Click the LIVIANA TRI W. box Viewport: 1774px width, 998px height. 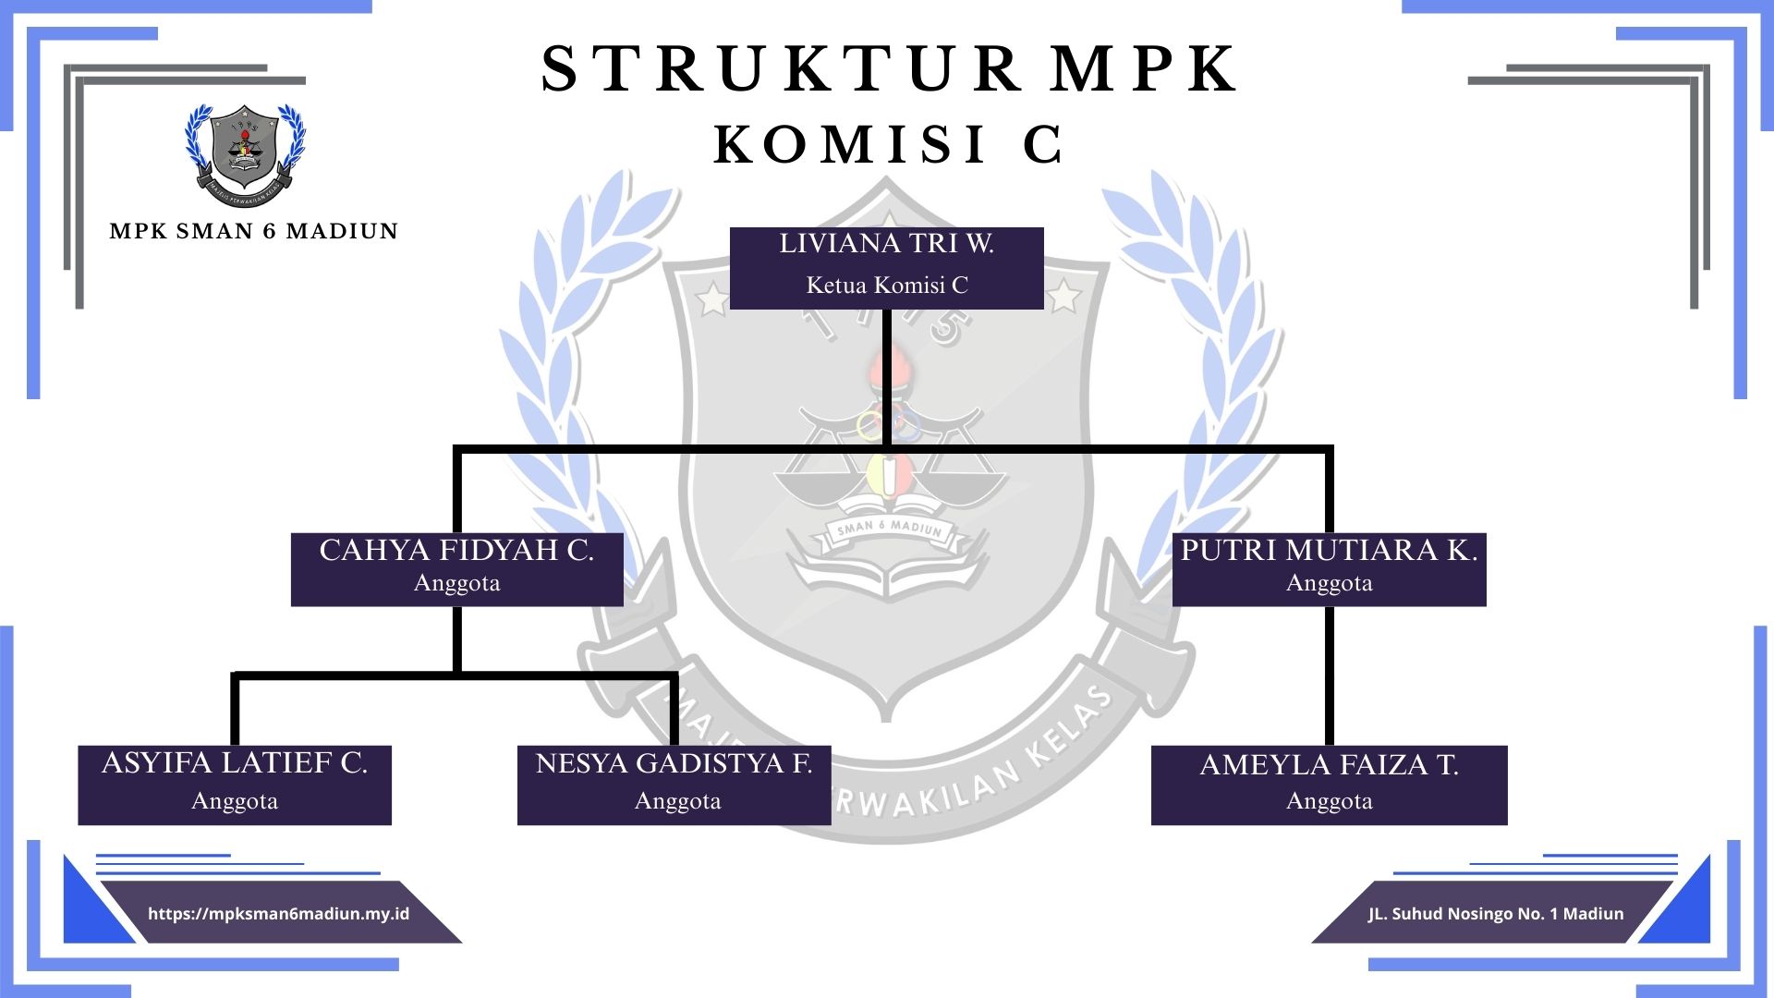coord(886,267)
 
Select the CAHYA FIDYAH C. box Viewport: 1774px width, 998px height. coord(456,568)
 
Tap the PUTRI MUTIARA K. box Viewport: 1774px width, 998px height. coord(1329,568)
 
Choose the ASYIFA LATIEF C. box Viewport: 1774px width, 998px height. coord(235,785)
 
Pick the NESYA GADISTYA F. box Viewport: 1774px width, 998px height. coord(674,785)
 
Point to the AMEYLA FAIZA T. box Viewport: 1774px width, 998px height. coord(1329,785)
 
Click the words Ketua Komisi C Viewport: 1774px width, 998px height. coord(886,286)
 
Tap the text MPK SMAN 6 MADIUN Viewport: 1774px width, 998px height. coord(253,231)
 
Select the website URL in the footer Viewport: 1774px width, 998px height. coord(278,914)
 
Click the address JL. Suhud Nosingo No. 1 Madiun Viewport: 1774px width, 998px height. coord(1495,914)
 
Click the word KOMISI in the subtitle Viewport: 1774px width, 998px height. coord(850,145)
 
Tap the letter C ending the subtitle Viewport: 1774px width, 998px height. coord(1043,145)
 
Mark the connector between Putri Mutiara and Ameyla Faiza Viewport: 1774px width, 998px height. coord(1329,675)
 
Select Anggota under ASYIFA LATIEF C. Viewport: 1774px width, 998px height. coord(235,801)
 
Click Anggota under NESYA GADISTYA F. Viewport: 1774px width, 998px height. coord(677,801)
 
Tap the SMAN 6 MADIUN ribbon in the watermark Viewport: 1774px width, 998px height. coord(889,529)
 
